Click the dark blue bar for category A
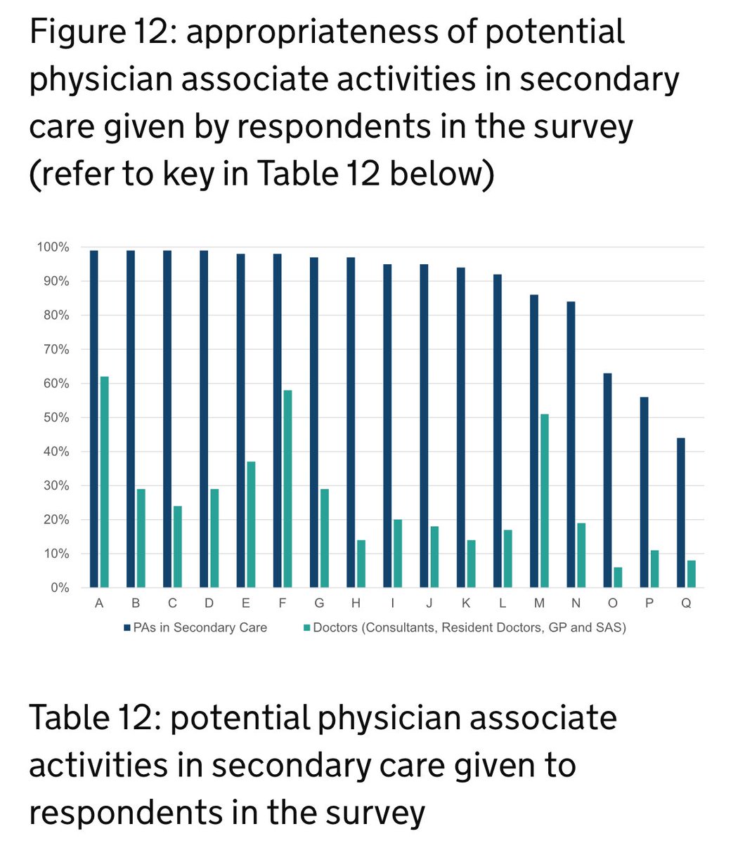click(94, 419)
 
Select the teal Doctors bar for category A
click(105, 482)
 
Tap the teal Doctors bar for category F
click(287, 489)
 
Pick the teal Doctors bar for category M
click(545, 501)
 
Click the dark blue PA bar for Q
click(680, 513)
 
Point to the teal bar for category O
click(618, 577)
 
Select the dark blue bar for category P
click(644, 492)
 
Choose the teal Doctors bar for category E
click(251, 525)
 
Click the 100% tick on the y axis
click(53, 247)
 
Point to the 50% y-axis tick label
click(56, 418)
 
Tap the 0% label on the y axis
click(59, 588)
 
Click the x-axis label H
click(356, 603)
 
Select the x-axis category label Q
click(686, 603)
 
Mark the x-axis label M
click(539, 603)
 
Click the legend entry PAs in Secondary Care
click(200, 627)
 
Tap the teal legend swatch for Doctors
click(308, 627)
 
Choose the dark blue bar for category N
click(571, 442)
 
